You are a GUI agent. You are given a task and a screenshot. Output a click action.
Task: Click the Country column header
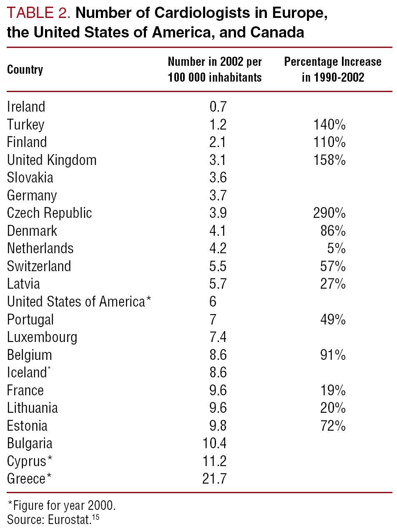click(x=25, y=69)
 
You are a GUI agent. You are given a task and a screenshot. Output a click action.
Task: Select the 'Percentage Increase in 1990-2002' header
click(x=333, y=69)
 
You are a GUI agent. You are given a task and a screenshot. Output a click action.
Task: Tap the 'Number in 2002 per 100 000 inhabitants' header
click(x=215, y=69)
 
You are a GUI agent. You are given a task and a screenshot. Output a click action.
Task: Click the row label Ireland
click(x=26, y=107)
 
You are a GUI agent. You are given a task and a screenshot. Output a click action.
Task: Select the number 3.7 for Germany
click(x=218, y=195)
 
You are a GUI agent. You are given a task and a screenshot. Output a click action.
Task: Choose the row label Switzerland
click(x=39, y=266)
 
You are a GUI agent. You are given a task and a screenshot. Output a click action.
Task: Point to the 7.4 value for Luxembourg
click(x=218, y=337)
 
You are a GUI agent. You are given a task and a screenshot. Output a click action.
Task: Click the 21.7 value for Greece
click(x=214, y=479)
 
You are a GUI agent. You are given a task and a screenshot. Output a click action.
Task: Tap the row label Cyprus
click(x=27, y=462)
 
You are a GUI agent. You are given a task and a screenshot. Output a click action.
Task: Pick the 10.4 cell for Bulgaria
click(x=214, y=444)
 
